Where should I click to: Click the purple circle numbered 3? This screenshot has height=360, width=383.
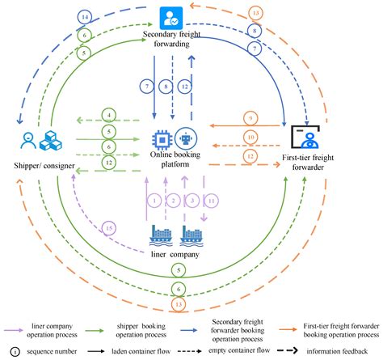(192, 201)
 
